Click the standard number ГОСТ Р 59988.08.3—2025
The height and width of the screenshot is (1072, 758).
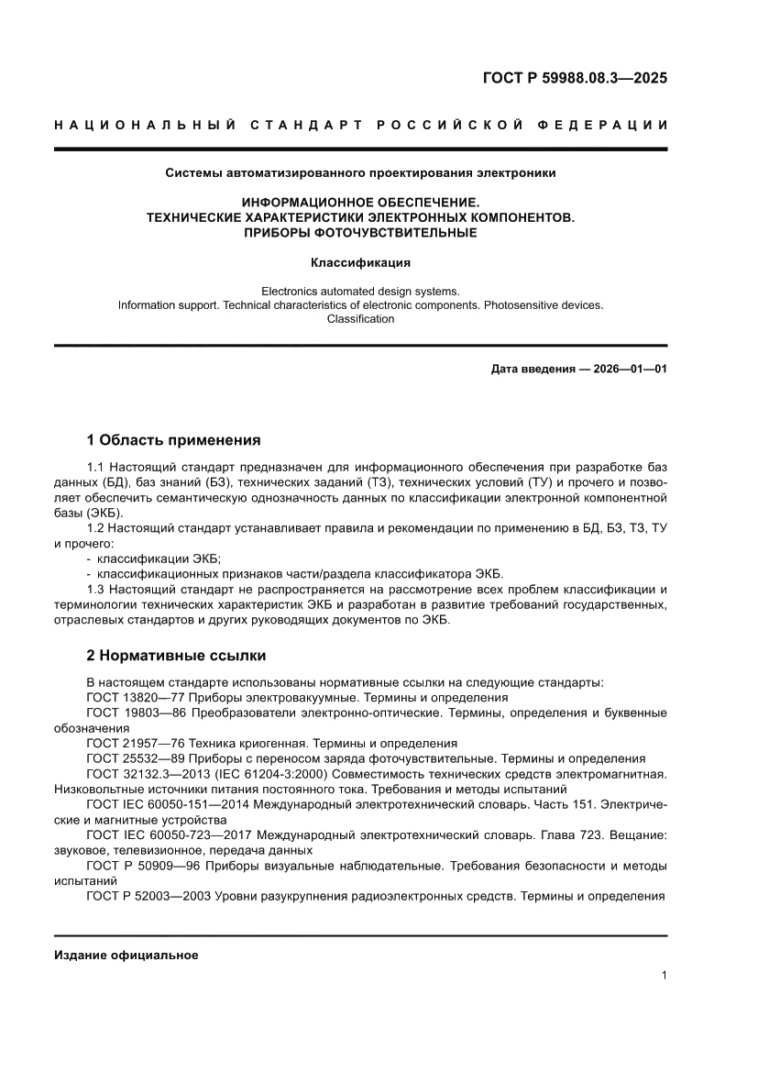tap(575, 78)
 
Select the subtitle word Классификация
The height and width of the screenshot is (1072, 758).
tap(360, 262)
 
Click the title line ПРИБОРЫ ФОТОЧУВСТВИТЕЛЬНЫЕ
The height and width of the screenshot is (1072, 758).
tap(360, 233)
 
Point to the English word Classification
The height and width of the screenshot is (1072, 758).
tap(360, 319)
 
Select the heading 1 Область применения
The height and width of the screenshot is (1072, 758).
tap(173, 439)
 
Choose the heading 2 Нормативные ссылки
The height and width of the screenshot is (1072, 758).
tap(176, 656)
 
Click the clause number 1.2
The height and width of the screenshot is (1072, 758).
tap(95, 527)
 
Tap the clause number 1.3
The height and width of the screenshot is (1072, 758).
tap(95, 589)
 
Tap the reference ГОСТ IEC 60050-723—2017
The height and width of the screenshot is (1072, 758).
tap(169, 835)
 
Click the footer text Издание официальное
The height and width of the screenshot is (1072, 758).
tap(126, 955)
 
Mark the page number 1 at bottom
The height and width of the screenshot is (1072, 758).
tap(664, 976)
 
